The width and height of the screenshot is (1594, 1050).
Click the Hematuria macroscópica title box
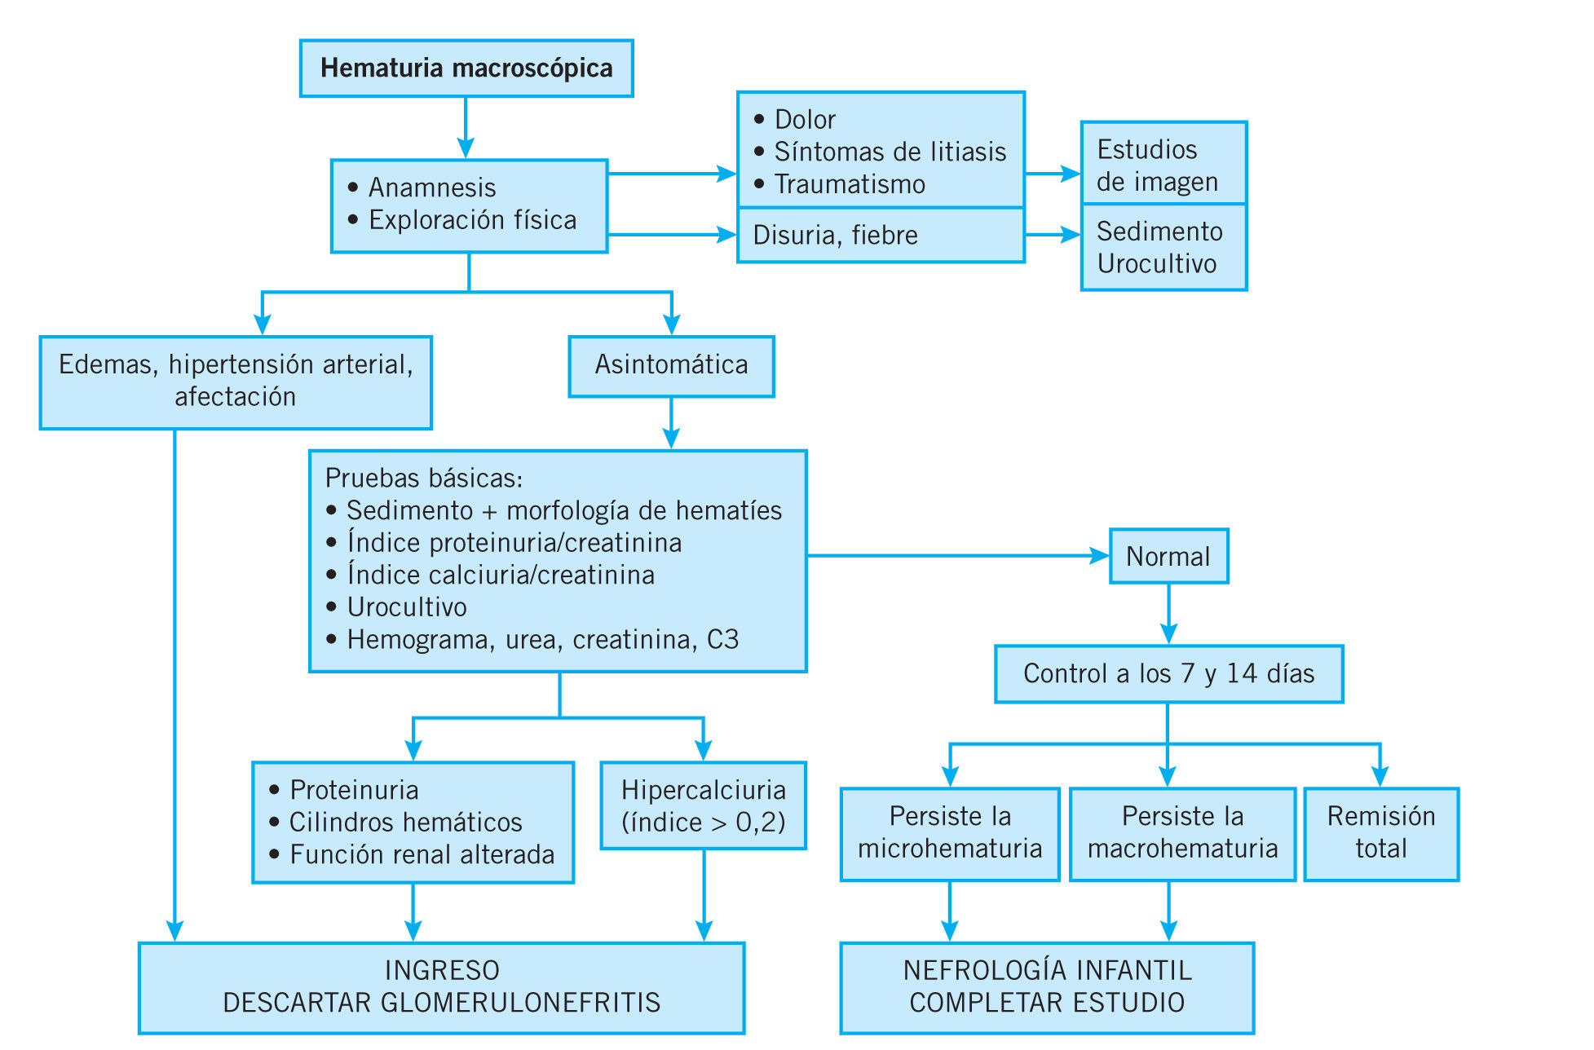pyautogui.click(x=466, y=68)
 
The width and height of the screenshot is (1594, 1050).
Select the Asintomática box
pyautogui.click(x=671, y=366)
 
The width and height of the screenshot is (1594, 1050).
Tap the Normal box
pyautogui.click(x=1168, y=556)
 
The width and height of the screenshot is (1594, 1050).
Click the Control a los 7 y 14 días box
pyautogui.click(x=1168, y=674)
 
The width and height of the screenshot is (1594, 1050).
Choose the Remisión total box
pyautogui.click(x=1381, y=833)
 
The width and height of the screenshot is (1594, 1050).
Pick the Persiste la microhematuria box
pyautogui.click(x=950, y=833)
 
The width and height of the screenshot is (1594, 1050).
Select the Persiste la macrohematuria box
pyautogui.click(x=1182, y=833)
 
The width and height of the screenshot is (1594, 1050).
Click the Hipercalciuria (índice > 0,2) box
pyautogui.click(x=704, y=805)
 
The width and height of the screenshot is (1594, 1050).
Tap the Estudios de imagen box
pyautogui.click(x=1163, y=164)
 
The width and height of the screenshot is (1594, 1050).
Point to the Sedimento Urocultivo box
pyautogui.click(x=1163, y=247)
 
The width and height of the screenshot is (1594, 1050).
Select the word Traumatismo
pyautogui.click(x=850, y=185)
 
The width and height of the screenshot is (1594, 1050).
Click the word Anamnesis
pyautogui.click(x=432, y=188)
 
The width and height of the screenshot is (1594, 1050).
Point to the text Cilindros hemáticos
pyautogui.click(x=405, y=823)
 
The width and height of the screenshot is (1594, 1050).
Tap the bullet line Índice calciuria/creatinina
pyautogui.click(x=501, y=576)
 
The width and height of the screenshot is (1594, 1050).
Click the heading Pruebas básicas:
pyautogui.click(x=424, y=479)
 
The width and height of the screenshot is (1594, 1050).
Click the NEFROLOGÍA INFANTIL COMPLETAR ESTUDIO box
pyautogui.click(x=1047, y=987)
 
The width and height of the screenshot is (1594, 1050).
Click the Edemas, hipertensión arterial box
pyautogui.click(x=236, y=382)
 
